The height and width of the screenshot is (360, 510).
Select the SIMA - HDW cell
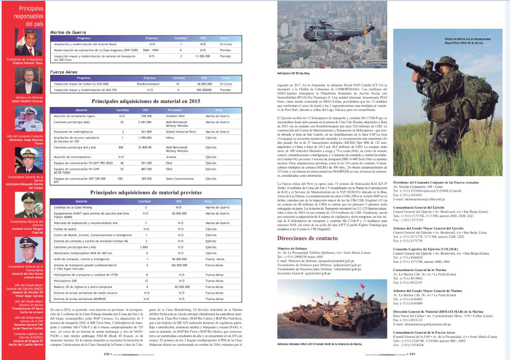(x=151, y=49)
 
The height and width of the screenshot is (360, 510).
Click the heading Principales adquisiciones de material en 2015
(x=145, y=101)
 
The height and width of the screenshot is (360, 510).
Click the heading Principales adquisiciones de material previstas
(x=145, y=192)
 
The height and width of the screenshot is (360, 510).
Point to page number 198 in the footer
(x=106, y=353)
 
